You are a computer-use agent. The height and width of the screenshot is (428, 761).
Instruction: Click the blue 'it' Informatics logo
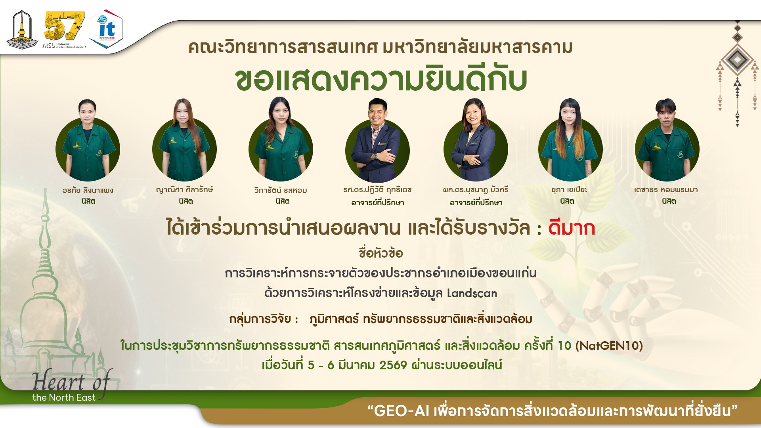pyautogui.click(x=106, y=29)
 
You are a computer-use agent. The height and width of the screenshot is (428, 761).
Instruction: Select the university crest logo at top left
pyautogui.click(x=21, y=29)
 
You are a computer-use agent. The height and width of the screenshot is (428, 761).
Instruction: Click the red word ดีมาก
pyautogui.click(x=572, y=229)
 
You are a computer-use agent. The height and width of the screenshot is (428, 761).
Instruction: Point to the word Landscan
pyautogui.click(x=472, y=294)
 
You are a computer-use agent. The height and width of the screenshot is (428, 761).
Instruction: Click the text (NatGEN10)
pyautogui.click(x=609, y=346)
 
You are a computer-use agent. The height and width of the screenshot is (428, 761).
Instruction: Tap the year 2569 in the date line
pyautogui.click(x=393, y=365)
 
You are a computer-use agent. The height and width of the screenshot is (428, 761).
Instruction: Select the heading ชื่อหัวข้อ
pyautogui.click(x=380, y=253)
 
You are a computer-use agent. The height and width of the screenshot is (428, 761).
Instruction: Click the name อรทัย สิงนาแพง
pyautogui.click(x=88, y=191)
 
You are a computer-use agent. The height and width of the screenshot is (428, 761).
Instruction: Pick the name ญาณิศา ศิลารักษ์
pyautogui.click(x=184, y=190)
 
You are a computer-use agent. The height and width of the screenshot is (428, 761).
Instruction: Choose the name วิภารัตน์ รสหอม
pyautogui.click(x=281, y=191)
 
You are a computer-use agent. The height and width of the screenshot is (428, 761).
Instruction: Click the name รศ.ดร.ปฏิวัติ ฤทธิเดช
pyautogui.click(x=377, y=190)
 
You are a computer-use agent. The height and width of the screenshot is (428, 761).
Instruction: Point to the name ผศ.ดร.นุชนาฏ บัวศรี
pyautogui.click(x=475, y=190)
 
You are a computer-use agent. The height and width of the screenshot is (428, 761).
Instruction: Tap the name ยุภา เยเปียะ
pyautogui.click(x=569, y=190)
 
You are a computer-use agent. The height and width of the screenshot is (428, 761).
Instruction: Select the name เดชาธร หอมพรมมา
pyautogui.click(x=666, y=190)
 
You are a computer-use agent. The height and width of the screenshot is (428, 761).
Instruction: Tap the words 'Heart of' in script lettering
pyautogui.click(x=71, y=381)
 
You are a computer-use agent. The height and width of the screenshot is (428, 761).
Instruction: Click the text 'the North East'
pyautogui.click(x=64, y=397)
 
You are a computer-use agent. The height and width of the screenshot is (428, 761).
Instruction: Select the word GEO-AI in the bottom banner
pyautogui.click(x=402, y=411)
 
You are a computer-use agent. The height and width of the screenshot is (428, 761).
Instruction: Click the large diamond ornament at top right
pyautogui.click(x=737, y=59)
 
